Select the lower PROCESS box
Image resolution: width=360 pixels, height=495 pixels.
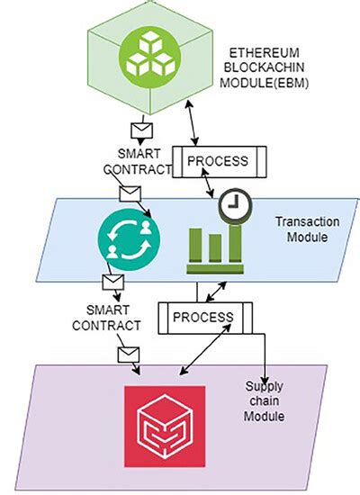tap(202, 317)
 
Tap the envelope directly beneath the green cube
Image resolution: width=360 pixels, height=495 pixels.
tap(139, 128)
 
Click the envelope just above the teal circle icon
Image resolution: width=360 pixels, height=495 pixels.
tap(130, 193)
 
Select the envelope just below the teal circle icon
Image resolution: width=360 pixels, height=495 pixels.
tap(112, 283)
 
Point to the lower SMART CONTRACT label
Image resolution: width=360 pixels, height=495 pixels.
tap(106, 316)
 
